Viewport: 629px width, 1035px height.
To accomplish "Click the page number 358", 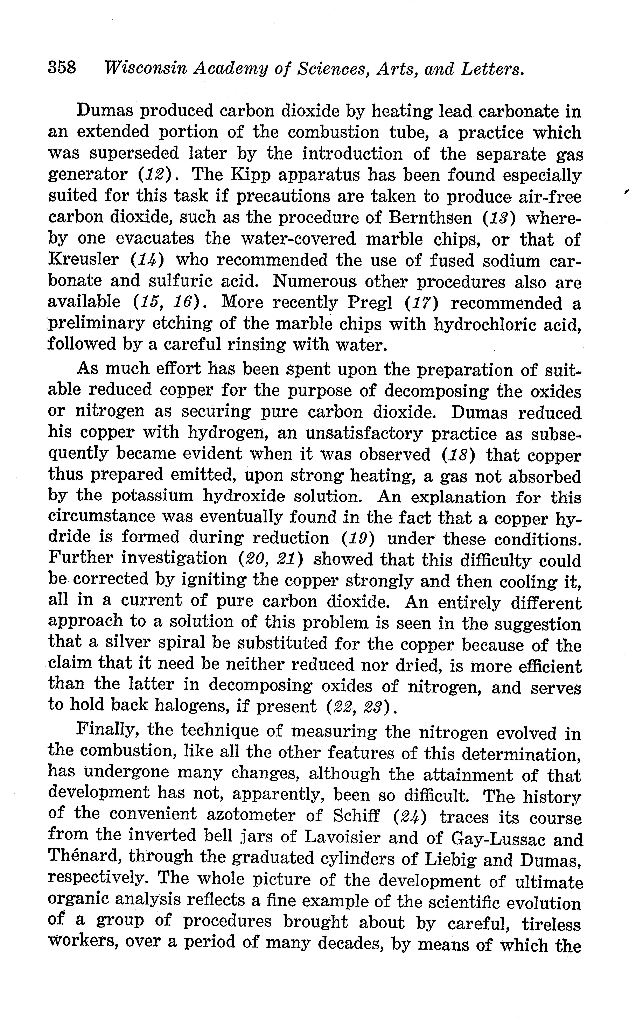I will [62, 67].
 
